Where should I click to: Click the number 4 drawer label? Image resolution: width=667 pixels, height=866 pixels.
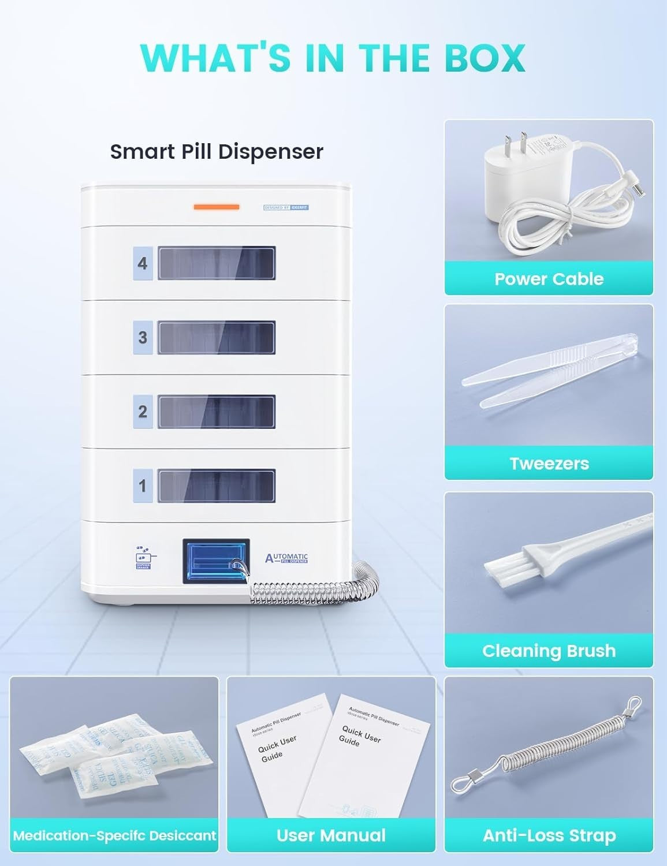(143, 264)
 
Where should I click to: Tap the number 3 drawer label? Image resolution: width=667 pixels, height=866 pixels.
(143, 338)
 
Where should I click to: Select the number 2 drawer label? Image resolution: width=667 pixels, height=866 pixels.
(143, 412)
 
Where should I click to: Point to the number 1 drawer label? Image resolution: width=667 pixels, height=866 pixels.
(143, 486)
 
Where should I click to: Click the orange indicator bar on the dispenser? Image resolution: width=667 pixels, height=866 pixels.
(217, 207)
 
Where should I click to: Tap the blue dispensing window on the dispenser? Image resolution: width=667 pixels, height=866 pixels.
(216, 561)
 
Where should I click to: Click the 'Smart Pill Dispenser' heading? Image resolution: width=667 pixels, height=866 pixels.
(217, 151)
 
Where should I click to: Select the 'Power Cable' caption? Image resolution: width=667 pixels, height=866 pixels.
(549, 279)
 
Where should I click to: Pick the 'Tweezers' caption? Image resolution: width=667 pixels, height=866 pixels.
(549, 464)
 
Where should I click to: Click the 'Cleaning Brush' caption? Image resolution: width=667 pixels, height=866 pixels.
(549, 651)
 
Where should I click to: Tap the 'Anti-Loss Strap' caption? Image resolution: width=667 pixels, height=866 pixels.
(549, 835)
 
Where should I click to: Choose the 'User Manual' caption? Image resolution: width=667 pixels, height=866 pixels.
(331, 835)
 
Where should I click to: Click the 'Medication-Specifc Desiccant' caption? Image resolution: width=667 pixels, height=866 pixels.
(114, 835)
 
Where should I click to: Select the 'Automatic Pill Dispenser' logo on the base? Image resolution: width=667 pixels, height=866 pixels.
(287, 558)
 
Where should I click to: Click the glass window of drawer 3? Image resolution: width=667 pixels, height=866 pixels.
(217, 338)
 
